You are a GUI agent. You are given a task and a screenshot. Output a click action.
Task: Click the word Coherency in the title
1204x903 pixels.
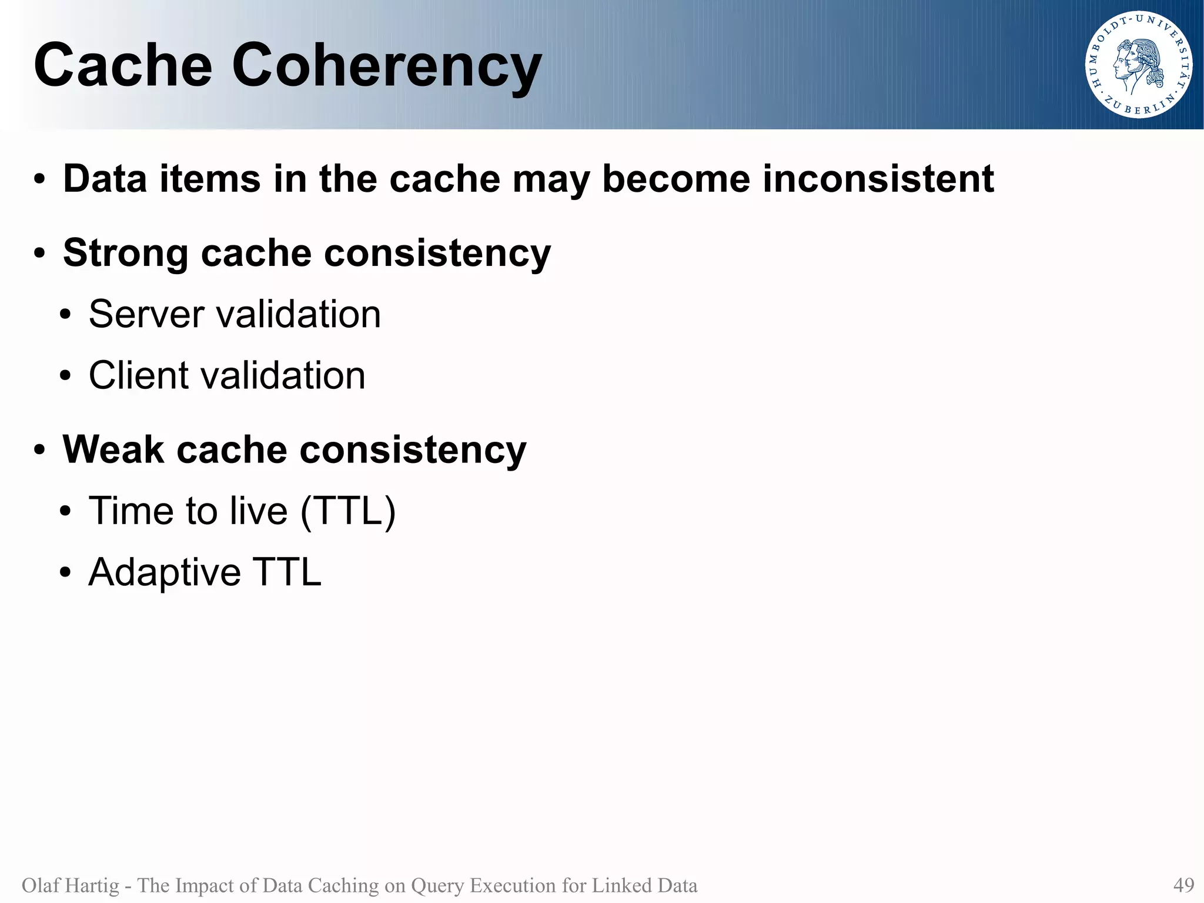click(386, 66)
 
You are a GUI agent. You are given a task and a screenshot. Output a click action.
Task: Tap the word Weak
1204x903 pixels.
click(113, 450)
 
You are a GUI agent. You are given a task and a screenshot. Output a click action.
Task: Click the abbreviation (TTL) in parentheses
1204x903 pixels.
click(347, 511)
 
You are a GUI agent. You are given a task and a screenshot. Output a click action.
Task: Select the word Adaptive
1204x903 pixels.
click(164, 572)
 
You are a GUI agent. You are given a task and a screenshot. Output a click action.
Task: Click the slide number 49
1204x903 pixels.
click(1183, 885)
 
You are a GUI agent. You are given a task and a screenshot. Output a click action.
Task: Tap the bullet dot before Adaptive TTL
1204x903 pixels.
click(65, 573)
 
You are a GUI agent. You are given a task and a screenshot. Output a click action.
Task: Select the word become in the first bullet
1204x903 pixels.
click(675, 179)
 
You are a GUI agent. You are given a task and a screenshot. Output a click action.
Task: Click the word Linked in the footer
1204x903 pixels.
click(623, 885)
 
